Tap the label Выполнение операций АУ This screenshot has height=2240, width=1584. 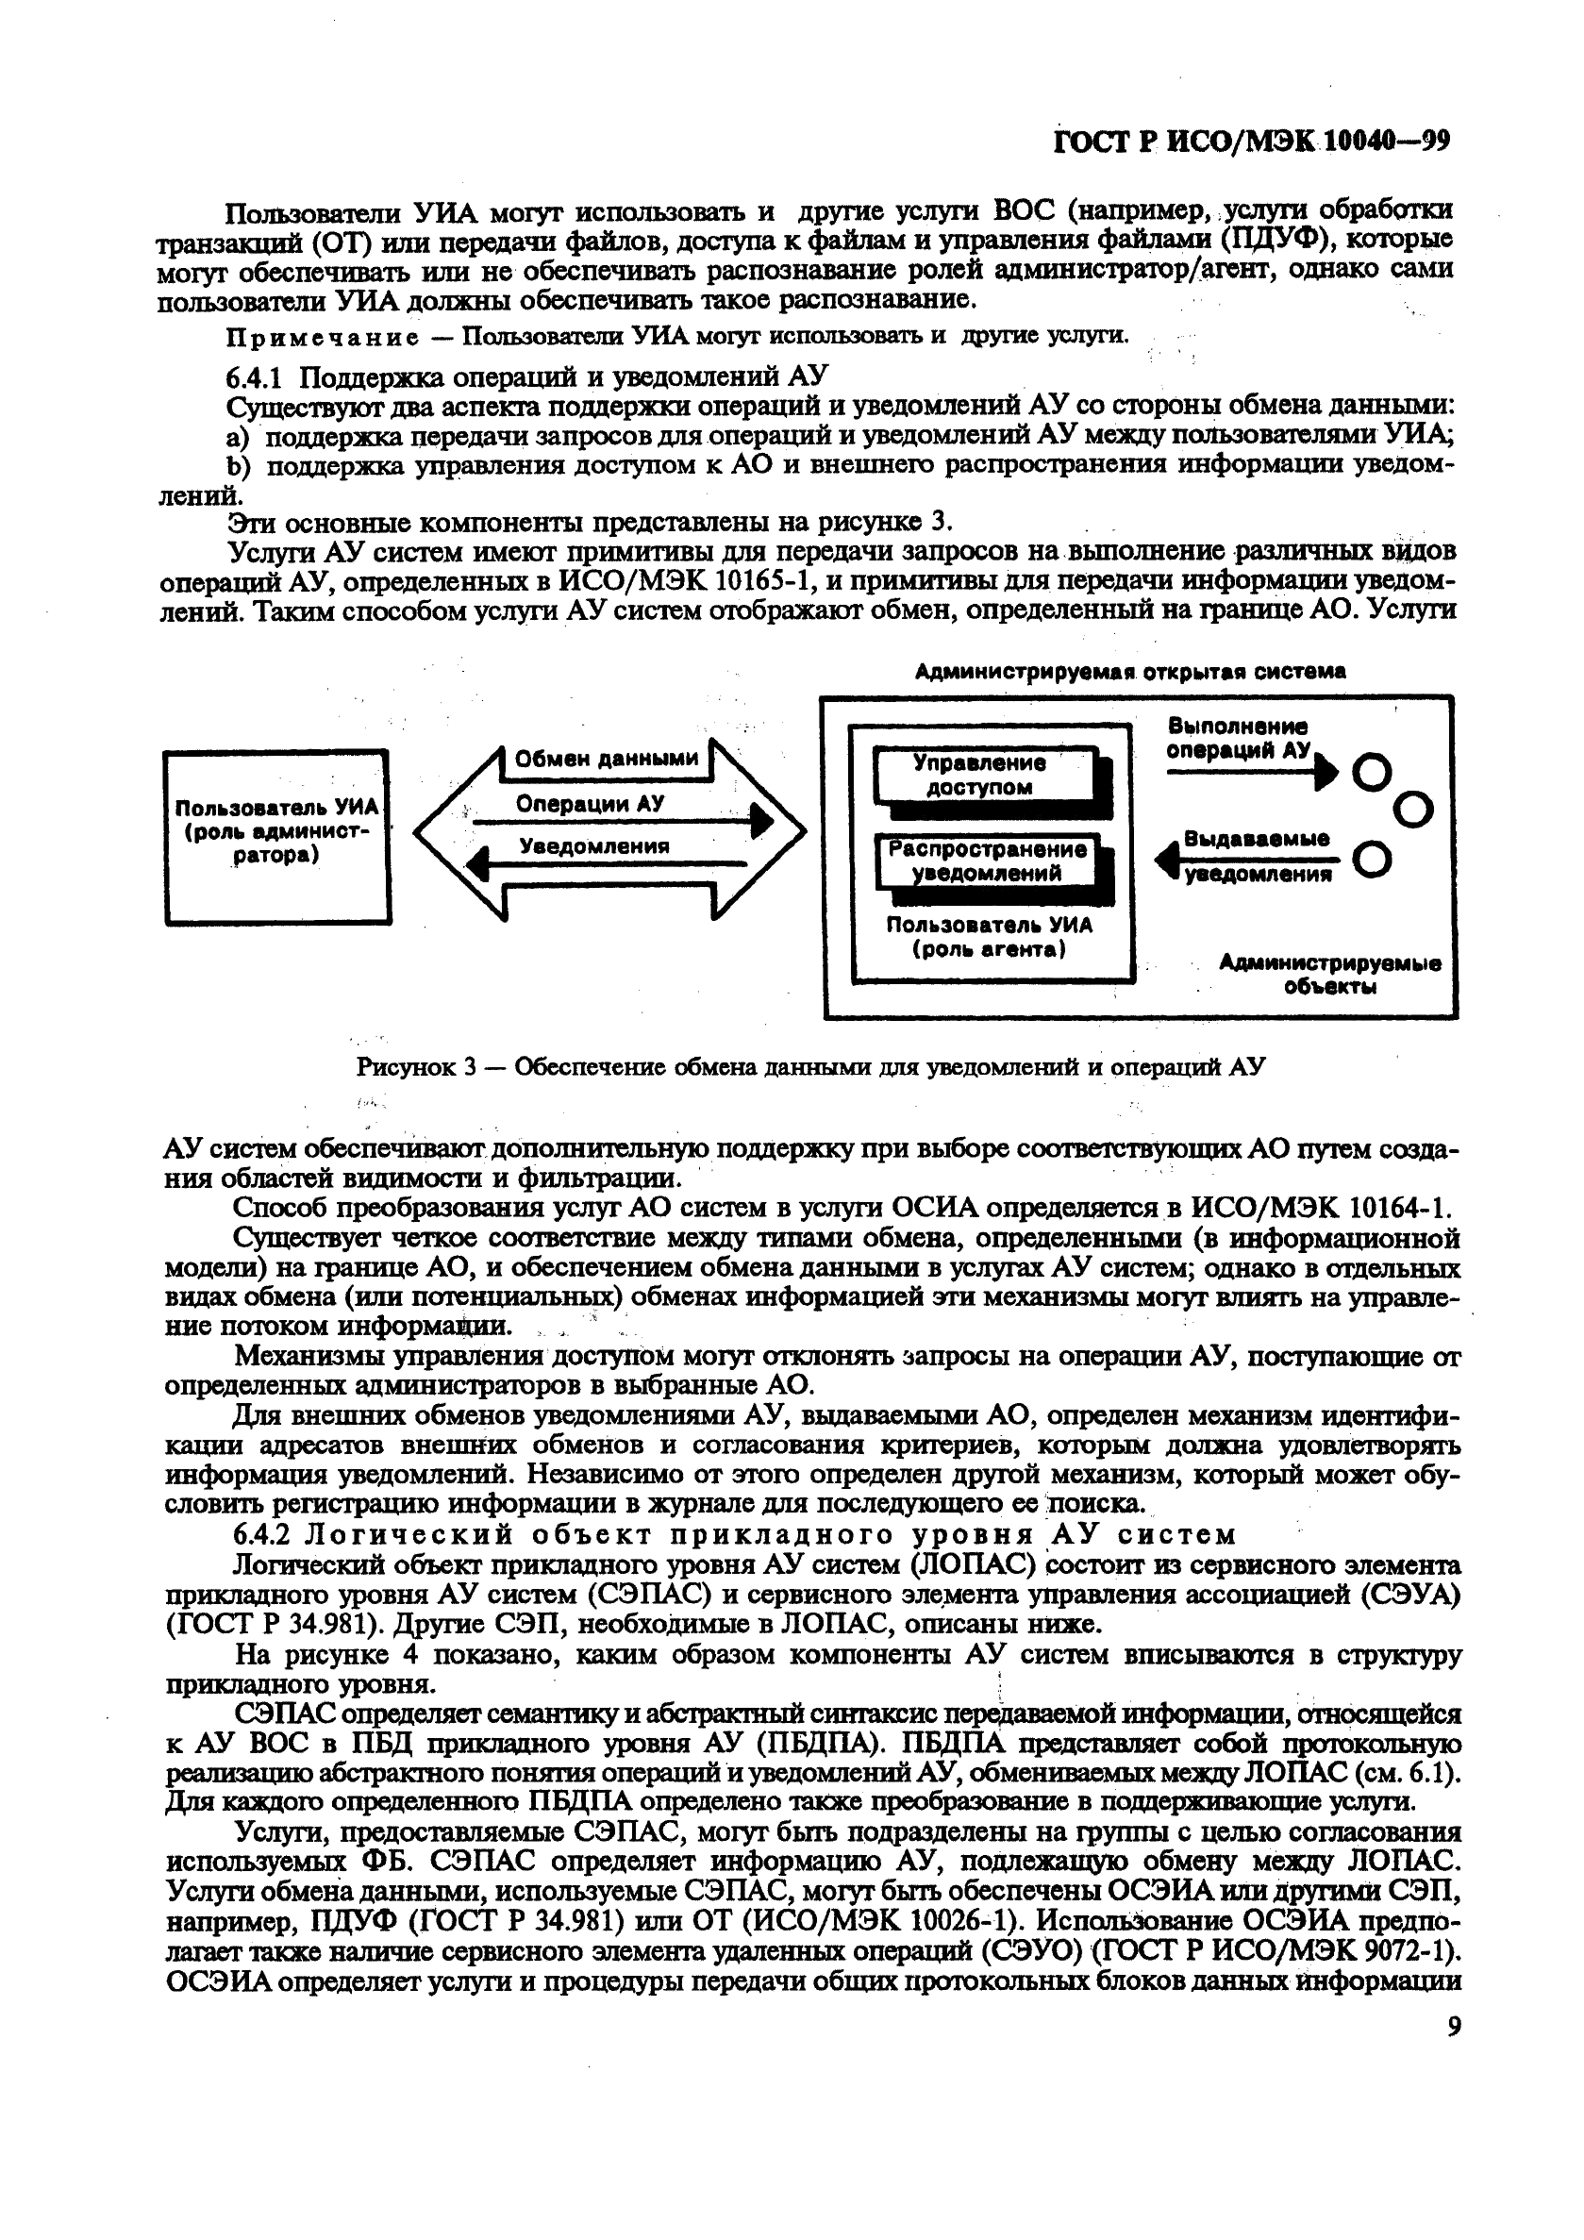(x=1237, y=739)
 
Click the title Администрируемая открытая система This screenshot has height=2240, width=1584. (x=1129, y=671)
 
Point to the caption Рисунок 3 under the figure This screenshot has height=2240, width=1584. (x=810, y=1066)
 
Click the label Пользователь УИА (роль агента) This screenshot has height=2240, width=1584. (x=989, y=937)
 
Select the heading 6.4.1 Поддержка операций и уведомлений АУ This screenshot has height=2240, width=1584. (x=526, y=376)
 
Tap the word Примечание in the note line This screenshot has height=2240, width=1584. (x=323, y=337)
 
